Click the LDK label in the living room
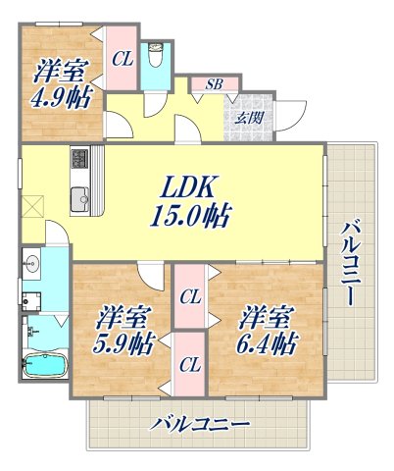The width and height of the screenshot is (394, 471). pos(194,185)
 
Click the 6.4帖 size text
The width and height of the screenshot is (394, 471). pos(265,344)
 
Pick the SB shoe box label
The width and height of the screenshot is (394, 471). pos(213,84)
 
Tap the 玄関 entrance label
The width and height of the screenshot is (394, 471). pos(248,118)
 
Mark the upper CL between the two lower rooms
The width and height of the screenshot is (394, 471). pos(191,295)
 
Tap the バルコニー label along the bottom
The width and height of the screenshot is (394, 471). pos(201,425)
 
